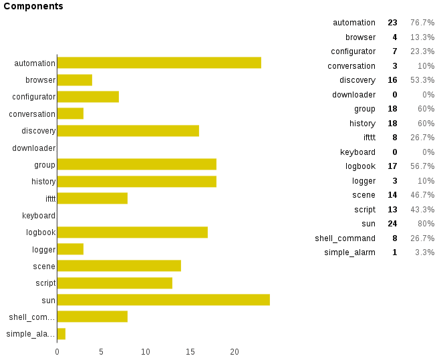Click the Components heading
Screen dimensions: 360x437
tap(33, 6)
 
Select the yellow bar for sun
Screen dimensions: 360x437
tap(163, 300)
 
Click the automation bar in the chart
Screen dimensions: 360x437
tap(159, 63)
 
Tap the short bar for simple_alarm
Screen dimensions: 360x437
tap(61, 333)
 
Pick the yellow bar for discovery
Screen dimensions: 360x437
tap(128, 130)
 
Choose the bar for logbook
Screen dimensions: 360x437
tap(132, 232)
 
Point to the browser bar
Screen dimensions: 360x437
tap(74, 80)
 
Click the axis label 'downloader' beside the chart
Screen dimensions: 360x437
tap(33, 148)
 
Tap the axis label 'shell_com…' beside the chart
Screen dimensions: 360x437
tap(31, 317)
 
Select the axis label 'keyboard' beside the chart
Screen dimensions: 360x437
tap(38, 215)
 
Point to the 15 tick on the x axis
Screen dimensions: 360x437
tap(190, 352)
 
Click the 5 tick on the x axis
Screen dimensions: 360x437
tap(102, 352)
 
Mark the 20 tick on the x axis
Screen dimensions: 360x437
tap(235, 352)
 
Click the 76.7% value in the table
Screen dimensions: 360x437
tap(422, 23)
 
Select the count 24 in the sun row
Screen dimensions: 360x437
tap(392, 224)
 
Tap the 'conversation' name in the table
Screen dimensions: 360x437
tap(351, 66)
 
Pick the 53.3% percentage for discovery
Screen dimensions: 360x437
tap(422, 80)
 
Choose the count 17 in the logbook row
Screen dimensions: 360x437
tap(392, 166)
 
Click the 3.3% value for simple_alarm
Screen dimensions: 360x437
tap(424, 252)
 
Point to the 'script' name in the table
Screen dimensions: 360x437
tap(365, 209)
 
